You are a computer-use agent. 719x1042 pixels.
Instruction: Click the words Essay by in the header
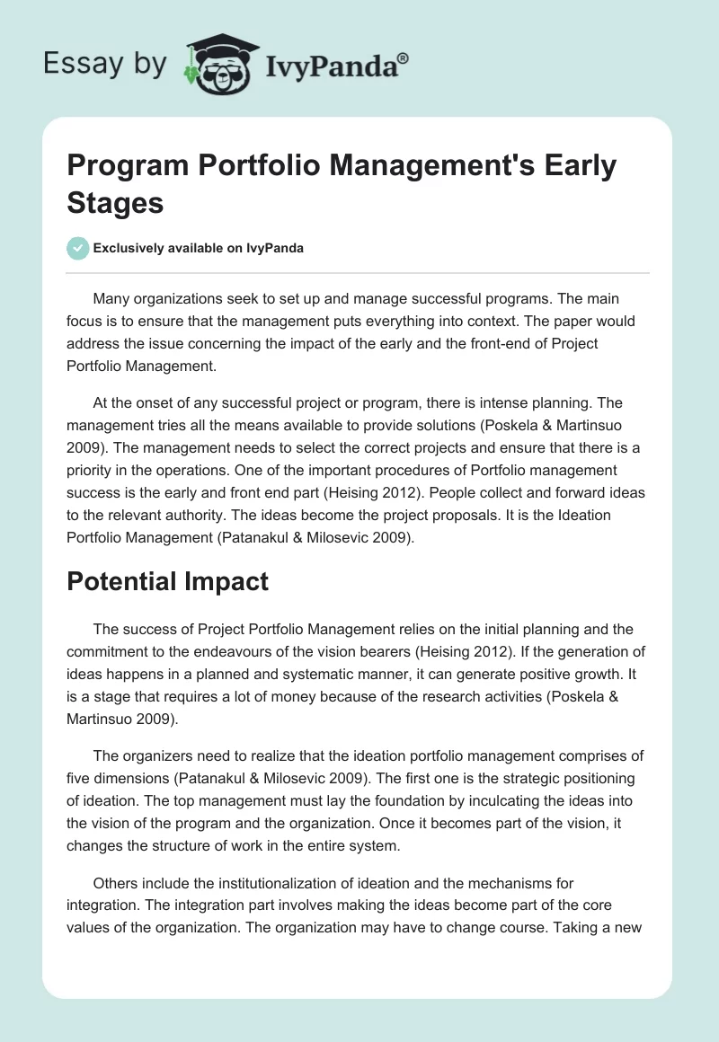point(103,63)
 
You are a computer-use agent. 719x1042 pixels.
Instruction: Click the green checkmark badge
point(77,248)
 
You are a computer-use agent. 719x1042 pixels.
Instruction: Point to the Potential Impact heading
point(167,581)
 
